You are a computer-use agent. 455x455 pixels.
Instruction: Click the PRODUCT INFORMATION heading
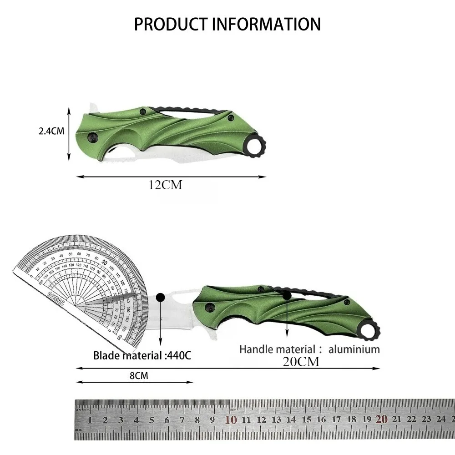(227, 24)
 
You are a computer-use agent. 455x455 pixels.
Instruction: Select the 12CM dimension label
(165, 185)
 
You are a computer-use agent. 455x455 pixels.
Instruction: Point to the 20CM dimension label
(301, 362)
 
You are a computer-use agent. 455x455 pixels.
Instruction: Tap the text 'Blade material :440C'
(142, 355)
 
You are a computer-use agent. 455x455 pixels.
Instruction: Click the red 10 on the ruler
(231, 419)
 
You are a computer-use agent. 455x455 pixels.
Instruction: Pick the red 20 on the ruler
(382, 419)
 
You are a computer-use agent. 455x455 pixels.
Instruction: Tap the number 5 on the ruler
(152, 420)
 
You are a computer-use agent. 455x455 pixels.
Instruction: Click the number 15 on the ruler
(306, 420)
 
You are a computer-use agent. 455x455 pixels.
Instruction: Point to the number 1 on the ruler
(90, 420)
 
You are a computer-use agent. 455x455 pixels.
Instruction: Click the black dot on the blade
(160, 298)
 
